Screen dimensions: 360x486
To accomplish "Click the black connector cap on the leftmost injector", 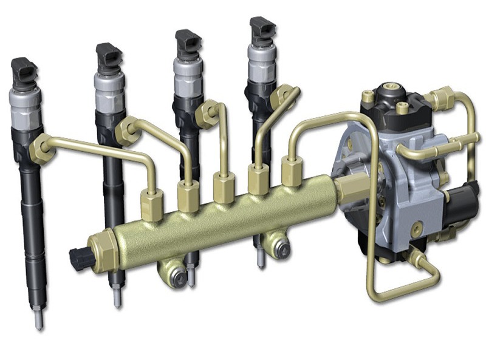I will [x=24, y=72].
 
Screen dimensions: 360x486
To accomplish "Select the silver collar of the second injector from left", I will [x=109, y=86].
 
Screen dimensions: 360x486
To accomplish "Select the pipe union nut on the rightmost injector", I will [x=281, y=97].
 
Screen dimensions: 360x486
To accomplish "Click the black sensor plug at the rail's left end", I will [x=80, y=259].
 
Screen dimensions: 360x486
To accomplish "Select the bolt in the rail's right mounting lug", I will [x=280, y=247].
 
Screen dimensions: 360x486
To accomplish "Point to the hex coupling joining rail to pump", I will [x=347, y=189].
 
